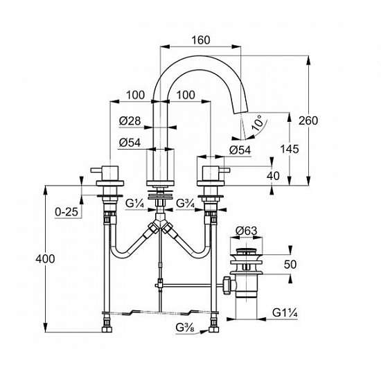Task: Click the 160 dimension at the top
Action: point(201,40)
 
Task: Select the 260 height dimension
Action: point(308,121)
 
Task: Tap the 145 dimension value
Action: point(290,149)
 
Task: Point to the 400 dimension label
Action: point(45,259)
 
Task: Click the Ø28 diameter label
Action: point(130,121)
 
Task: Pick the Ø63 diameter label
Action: point(246,231)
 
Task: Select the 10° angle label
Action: point(258,123)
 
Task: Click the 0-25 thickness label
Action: point(67,212)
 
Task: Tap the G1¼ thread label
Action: point(285,312)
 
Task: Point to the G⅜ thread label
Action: point(185,328)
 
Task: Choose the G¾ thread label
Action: point(186,204)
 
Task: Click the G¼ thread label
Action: point(135,204)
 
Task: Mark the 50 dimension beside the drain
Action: point(290,265)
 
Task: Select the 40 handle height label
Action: point(273,176)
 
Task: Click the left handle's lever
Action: point(97,170)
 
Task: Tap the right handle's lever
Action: point(224,170)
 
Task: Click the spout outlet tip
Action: point(240,112)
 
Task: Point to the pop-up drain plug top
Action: point(246,251)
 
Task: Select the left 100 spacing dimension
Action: point(135,95)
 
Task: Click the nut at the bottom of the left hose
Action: point(107,330)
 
